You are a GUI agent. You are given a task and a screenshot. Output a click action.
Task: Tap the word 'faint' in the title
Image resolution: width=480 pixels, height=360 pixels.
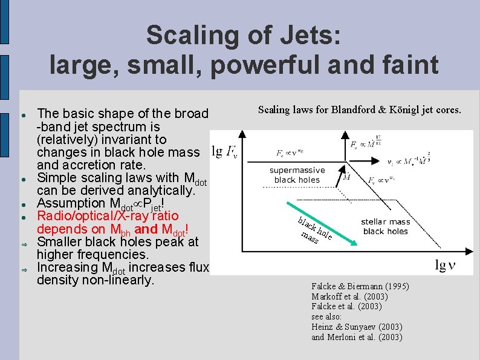pos(403,65)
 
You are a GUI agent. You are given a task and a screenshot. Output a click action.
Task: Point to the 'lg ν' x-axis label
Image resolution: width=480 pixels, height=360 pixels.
pos(449,264)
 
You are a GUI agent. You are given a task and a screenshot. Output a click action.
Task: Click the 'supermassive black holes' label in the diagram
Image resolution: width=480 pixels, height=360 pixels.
pos(297,175)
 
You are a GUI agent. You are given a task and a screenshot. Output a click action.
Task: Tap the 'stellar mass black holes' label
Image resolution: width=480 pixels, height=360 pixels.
pos(385,226)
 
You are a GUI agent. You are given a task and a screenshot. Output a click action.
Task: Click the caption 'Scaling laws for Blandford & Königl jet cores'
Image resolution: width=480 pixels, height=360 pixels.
pos(359,110)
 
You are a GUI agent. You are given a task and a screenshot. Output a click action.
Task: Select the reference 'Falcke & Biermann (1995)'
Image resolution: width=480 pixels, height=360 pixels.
pos(360,286)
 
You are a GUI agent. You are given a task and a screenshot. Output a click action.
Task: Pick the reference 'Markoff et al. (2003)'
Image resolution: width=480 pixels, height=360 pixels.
pos(349,296)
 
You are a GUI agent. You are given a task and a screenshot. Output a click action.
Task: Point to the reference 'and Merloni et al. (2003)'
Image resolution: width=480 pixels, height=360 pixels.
pos(356,338)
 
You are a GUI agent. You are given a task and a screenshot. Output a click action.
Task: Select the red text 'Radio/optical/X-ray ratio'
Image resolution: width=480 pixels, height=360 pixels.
pos(108,216)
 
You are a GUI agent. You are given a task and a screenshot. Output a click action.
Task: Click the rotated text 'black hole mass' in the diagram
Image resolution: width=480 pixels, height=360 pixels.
pos(314,230)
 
